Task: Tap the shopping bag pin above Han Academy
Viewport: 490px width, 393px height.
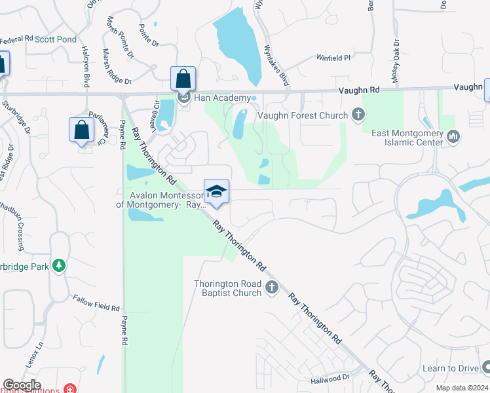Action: click(183, 79)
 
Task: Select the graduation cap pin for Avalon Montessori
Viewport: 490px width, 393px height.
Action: click(216, 191)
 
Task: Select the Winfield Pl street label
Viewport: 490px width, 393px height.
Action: click(334, 58)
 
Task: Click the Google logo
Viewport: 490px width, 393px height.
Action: click(22, 385)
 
